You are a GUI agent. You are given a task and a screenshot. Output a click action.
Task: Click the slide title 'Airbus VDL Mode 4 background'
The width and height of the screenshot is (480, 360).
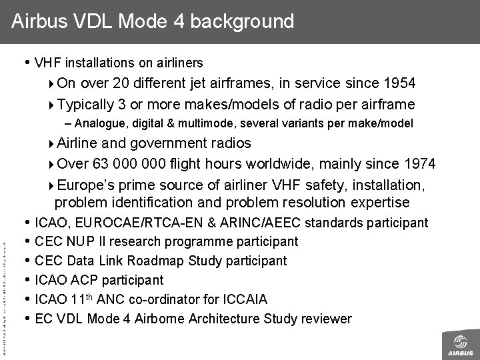pyautogui.click(x=153, y=21)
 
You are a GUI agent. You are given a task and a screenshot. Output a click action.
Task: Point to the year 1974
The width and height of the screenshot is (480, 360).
pyautogui.click(x=421, y=164)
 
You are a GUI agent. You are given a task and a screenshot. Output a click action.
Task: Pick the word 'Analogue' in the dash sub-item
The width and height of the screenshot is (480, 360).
pyautogui.click(x=98, y=123)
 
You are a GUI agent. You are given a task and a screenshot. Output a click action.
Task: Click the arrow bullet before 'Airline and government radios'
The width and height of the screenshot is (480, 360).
pyautogui.click(x=53, y=144)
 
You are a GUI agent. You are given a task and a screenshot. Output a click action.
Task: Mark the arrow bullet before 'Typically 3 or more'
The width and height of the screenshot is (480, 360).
pyautogui.click(x=53, y=105)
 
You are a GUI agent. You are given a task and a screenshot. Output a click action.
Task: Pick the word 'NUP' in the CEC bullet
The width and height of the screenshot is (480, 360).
pyautogui.click(x=74, y=241)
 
